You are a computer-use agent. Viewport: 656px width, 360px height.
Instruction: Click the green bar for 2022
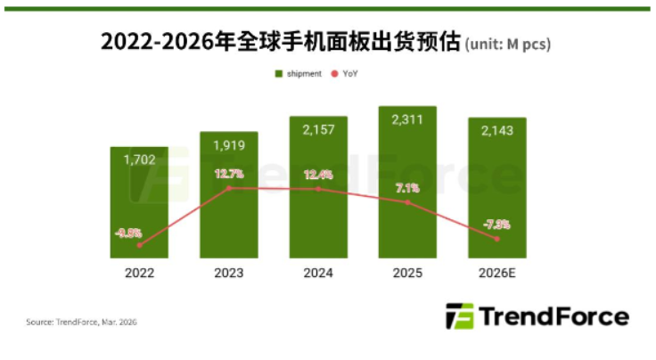[x=140, y=205]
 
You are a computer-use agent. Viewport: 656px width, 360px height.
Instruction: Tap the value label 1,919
[x=229, y=144]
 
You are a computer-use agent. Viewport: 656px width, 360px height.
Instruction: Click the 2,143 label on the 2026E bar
[x=496, y=131]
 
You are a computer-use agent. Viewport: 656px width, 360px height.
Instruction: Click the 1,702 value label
[x=140, y=160]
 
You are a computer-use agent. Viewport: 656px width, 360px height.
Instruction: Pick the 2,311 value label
[x=407, y=119]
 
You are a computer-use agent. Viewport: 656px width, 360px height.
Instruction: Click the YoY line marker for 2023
[x=229, y=188]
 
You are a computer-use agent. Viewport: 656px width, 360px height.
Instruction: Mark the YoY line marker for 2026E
[x=496, y=239]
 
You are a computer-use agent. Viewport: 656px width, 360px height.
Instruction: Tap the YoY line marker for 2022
[x=140, y=245]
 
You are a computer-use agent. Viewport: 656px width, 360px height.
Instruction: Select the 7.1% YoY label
[x=406, y=188]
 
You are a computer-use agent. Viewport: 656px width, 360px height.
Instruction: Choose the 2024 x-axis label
[x=318, y=272]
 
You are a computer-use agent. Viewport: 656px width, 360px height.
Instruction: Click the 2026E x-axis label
[x=496, y=272]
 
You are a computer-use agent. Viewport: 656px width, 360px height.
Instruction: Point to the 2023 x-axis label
[x=229, y=272]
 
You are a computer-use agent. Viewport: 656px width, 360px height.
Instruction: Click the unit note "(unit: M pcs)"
[x=514, y=44]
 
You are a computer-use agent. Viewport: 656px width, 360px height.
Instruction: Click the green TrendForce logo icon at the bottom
[x=460, y=317]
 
